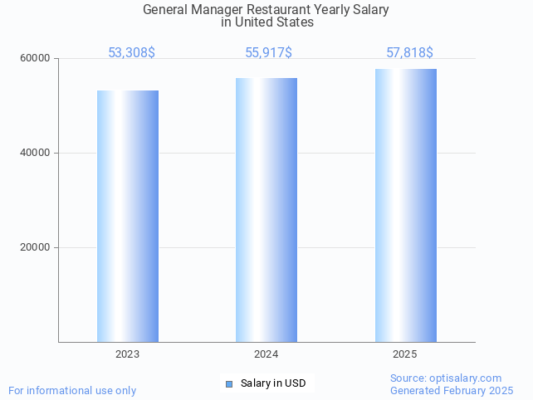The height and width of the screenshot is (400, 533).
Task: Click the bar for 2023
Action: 128,216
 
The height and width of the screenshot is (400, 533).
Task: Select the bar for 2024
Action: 266,209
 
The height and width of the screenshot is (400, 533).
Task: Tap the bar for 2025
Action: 405,205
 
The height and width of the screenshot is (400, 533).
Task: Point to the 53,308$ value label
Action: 131,53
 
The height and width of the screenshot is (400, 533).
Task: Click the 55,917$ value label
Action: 268,53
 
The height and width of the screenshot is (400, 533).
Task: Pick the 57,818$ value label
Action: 409,53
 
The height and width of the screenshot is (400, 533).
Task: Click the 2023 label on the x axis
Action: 128,354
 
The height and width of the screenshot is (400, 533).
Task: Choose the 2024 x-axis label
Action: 266,354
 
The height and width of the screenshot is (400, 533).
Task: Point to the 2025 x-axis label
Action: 405,354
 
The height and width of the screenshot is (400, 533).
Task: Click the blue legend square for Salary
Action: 230,383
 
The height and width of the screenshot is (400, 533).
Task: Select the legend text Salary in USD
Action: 273,383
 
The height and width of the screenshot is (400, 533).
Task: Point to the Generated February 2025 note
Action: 452,390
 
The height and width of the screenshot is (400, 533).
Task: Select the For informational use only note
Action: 72,390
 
